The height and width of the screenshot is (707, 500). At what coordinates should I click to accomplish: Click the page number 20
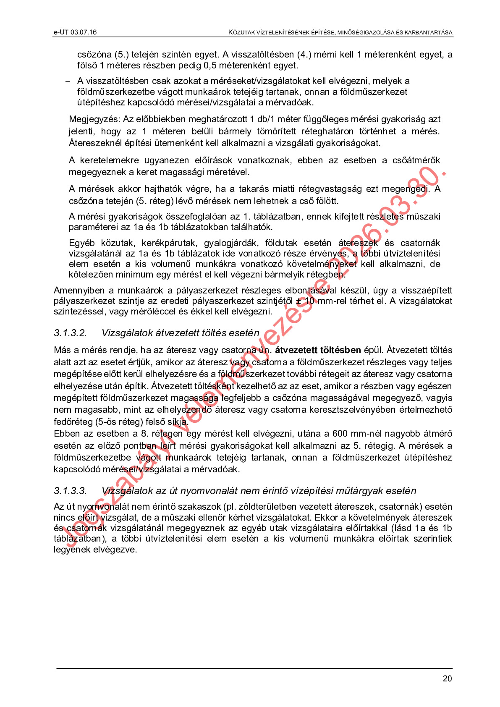(x=447, y=678)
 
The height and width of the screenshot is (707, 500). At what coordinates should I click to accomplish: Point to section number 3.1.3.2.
(x=70, y=333)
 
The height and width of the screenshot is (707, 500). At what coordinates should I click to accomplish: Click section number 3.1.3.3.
(x=70, y=491)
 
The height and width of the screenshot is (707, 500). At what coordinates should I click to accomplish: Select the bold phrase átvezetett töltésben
(x=318, y=350)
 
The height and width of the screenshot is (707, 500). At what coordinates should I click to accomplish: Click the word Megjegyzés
(x=94, y=119)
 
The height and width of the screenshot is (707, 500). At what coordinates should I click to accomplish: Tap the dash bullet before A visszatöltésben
(x=68, y=81)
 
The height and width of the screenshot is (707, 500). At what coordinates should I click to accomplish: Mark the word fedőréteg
(x=73, y=422)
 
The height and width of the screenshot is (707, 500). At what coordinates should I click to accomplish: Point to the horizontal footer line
(x=254, y=668)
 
